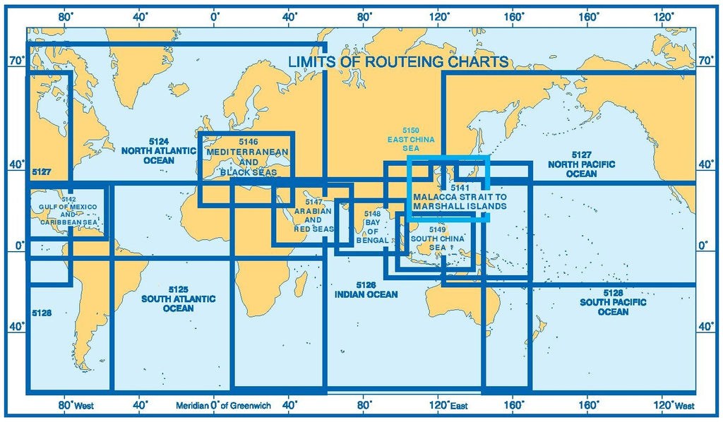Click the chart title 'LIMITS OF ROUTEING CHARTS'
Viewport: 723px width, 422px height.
(x=398, y=62)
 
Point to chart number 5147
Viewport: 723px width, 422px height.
(x=313, y=203)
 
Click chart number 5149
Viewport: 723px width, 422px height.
(x=438, y=229)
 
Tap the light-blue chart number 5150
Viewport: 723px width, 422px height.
(x=411, y=131)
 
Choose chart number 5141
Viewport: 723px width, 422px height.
(x=460, y=188)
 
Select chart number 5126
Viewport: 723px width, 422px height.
(x=366, y=284)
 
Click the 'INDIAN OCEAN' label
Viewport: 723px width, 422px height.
(x=366, y=294)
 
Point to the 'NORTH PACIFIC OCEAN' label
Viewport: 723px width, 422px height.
(x=581, y=169)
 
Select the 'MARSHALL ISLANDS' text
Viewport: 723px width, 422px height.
(x=460, y=207)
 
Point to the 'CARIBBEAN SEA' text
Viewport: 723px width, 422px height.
(x=68, y=221)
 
